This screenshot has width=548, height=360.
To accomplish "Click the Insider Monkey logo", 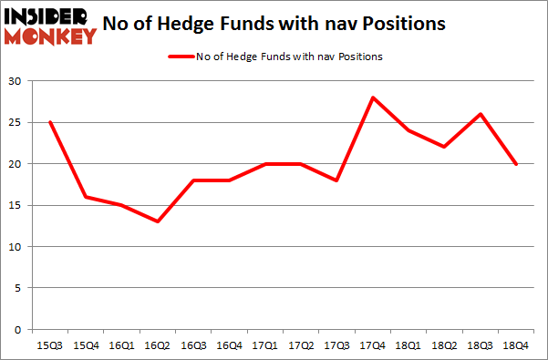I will (x=50, y=26).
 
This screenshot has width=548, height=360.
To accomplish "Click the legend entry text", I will (x=288, y=57).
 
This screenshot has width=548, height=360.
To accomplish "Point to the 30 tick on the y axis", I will (x=16, y=81).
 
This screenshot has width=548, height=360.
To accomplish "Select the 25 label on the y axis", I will (x=16, y=122).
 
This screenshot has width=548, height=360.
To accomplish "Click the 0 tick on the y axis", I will (x=18, y=330).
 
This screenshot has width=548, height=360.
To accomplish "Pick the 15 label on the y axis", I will (x=16, y=205).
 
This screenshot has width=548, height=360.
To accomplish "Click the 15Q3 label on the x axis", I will (x=49, y=345).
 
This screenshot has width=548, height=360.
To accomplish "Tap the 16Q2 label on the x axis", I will (x=157, y=345).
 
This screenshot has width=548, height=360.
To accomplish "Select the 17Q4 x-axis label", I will (x=373, y=345).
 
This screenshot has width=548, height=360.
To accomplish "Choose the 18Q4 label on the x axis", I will (x=517, y=345).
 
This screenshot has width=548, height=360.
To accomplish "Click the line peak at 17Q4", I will (x=373, y=98).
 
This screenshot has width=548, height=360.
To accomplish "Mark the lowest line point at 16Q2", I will (x=157, y=221).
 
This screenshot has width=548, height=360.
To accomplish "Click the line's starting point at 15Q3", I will (x=49, y=122).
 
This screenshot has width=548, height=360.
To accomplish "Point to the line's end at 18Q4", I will (x=517, y=164).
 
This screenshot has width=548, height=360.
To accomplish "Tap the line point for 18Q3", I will (x=481, y=114).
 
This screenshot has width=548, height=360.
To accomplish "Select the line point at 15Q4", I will (x=85, y=197).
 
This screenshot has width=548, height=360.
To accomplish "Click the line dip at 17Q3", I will (x=336, y=180).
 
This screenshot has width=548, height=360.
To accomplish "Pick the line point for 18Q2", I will (x=445, y=147).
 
